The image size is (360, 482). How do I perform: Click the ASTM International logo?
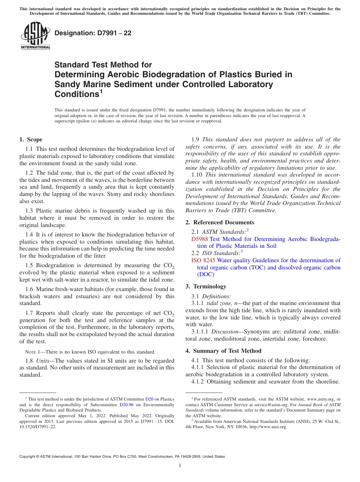pyautogui.click(x=35, y=36)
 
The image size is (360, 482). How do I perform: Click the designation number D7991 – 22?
pyautogui.click(x=93, y=33)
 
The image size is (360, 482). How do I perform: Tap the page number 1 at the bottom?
pyautogui.click(x=180, y=466)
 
